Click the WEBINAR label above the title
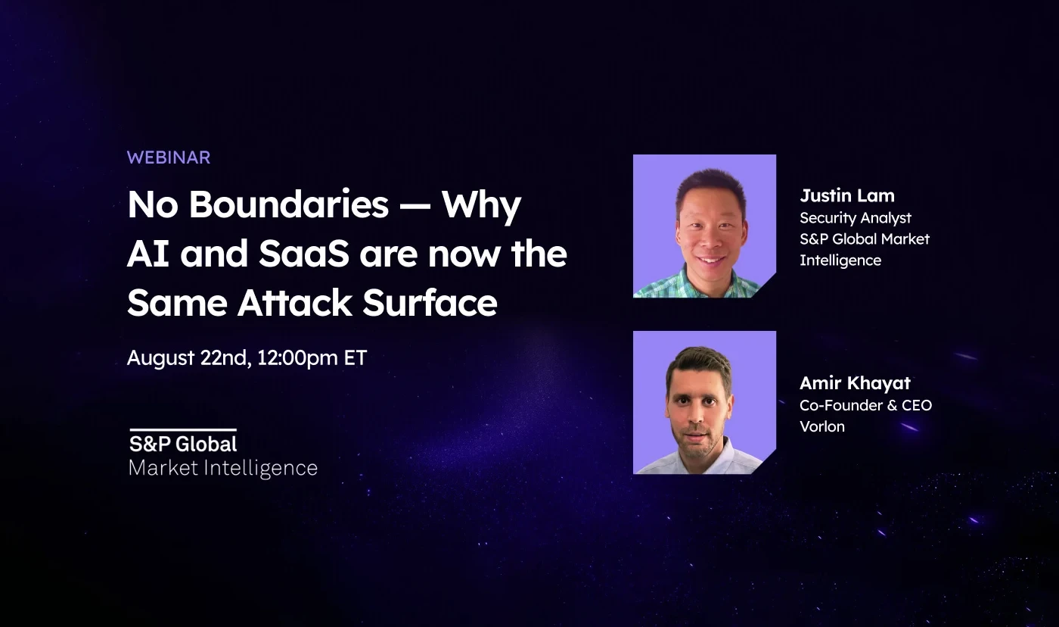tap(168, 158)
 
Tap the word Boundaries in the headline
tap(289, 204)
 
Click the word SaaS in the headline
tap(304, 254)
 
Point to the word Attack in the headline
tap(295, 302)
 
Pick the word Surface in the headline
tap(430, 302)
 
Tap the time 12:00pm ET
tap(312, 357)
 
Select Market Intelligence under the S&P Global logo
tap(223, 468)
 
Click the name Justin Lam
tap(847, 195)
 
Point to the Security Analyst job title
tap(856, 218)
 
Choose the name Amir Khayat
tap(855, 383)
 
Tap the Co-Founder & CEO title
tap(865, 405)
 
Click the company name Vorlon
tap(822, 426)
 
